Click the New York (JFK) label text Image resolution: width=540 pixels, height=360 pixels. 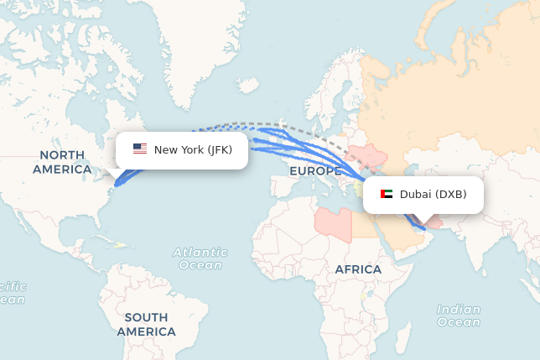pyautogui.click(x=193, y=150)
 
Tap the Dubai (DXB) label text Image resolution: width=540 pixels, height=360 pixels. pyautogui.click(x=433, y=195)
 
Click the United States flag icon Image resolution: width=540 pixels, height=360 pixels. pyautogui.click(x=140, y=149)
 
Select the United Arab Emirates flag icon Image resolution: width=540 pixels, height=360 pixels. pyautogui.click(x=386, y=195)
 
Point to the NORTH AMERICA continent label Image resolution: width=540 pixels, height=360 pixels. pyautogui.click(x=62, y=162)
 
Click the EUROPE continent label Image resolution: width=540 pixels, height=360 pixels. pyautogui.click(x=314, y=171)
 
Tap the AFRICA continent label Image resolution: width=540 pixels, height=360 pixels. pyautogui.click(x=358, y=269)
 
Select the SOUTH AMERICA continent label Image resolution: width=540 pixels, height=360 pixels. pyautogui.click(x=147, y=324)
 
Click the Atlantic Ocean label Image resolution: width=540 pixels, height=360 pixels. pyautogui.click(x=200, y=258)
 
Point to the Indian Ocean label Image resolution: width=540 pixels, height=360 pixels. pyautogui.click(x=459, y=316)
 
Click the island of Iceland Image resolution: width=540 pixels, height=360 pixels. pyautogui.click(x=249, y=85)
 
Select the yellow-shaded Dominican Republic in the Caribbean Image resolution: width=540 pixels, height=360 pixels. pyautogui.click(x=119, y=245)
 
